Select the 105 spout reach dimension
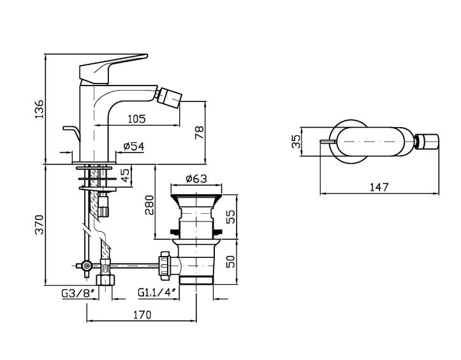(x=136, y=118)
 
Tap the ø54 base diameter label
(x=133, y=147)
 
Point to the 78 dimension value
(x=198, y=132)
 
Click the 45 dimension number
(x=126, y=174)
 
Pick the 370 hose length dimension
(x=39, y=224)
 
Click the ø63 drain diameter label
(x=196, y=179)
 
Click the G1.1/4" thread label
(x=157, y=293)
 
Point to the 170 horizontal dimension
(x=142, y=314)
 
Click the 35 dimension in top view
(x=295, y=140)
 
